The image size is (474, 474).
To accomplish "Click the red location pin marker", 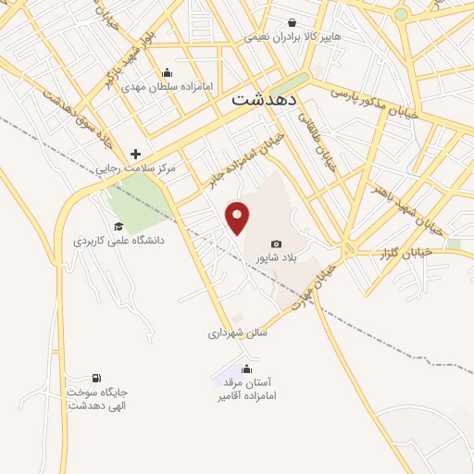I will coord(238,217).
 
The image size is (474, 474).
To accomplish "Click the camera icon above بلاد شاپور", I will coord(276,243).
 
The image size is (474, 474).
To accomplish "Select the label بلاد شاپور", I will coord(276,258).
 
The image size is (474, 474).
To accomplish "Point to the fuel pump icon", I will coord(95,378).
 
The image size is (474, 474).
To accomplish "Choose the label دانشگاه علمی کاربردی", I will coord(118,241).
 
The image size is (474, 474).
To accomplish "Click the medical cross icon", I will coord(135,154).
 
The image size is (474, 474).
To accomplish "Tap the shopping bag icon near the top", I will coord(293,23).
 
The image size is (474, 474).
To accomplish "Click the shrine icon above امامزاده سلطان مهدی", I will coord(167,72).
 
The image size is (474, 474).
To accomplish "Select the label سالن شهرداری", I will coord(237,331).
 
